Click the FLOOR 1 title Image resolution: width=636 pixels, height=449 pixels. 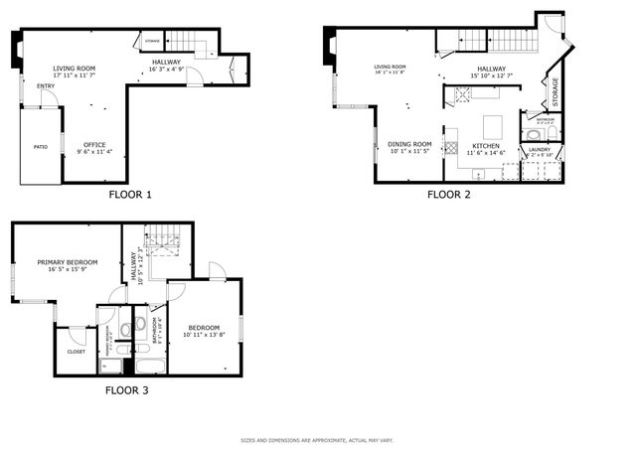pyautogui.click(x=130, y=195)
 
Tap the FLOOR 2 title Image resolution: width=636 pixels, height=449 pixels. pyautogui.click(x=448, y=195)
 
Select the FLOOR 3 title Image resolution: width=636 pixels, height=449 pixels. pyautogui.click(x=127, y=390)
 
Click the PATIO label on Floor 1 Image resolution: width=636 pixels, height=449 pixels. pyautogui.click(x=41, y=146)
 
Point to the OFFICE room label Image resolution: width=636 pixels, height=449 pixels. pyautogui.click(x=95, y=143)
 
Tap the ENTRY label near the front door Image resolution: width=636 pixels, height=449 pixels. pyautogui.click(x=46, y=86)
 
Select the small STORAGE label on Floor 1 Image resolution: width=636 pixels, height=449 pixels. pyautogui.click(x=153, y=41)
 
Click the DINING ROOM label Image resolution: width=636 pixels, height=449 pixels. pyautogui.click(x=409, y=143)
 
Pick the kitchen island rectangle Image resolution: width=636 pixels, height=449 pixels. pyautogui.click(x=491, y=127)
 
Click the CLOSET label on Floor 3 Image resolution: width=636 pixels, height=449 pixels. pyautogui.click(x=77, y=352)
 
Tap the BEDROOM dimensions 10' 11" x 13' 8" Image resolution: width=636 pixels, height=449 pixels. pyautogui.click(x=205, y=334)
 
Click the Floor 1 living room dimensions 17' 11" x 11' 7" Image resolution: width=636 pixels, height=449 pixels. pyautogui.click(x=75, y=75)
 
